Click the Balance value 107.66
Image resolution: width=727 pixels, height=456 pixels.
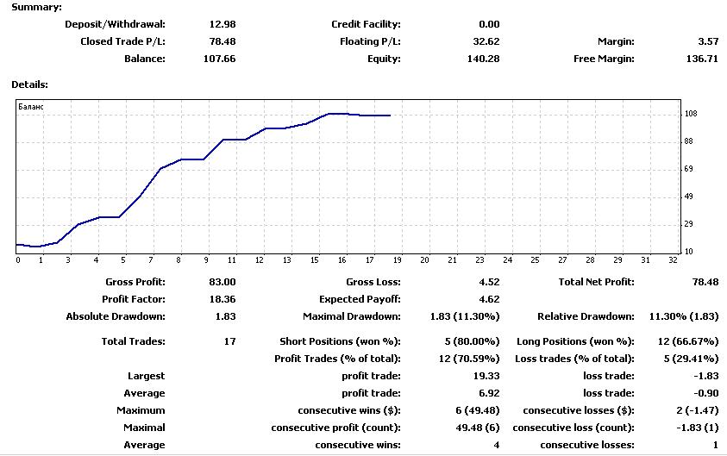[219, 59]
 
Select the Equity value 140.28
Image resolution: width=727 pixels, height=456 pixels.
[483, 59]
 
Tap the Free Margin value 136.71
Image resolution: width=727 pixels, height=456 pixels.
[702, 59]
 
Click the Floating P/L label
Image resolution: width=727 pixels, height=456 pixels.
[370, 41]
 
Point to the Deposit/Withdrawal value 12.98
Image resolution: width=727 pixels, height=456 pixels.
[222, 24]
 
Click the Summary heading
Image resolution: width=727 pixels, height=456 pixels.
[36, 8]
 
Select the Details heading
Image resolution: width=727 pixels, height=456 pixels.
[29, 84]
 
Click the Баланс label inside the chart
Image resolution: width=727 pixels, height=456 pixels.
[31, 107]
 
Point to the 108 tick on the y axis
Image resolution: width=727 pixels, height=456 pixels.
[691, 114]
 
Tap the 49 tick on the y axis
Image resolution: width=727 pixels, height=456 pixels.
[689, 197]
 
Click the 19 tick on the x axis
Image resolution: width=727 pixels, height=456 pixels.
[398, 260]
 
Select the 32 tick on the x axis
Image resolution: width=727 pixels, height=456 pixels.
[673, 260]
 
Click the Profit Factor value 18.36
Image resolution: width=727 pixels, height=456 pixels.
[222, 299]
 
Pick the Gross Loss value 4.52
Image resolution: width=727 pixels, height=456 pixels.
[489, 282]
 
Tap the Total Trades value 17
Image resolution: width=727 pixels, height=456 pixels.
[230, 341]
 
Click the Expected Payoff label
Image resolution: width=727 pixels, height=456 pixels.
[360, 299]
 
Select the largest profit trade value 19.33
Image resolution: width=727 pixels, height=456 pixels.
[486, 376]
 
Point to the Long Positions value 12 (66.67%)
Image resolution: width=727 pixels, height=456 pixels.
[688, 341]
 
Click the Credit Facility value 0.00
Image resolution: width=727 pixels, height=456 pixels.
[489, 24]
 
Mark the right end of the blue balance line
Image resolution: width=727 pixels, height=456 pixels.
[391, 116]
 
